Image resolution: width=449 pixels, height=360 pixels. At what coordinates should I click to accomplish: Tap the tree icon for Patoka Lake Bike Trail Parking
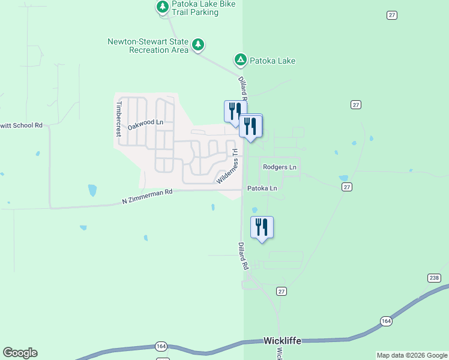(162, 7)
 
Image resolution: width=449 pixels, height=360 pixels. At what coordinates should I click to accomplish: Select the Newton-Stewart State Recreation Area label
(148, 46)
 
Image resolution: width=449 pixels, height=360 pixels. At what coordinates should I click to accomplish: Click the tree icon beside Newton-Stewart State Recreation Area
(198, 44)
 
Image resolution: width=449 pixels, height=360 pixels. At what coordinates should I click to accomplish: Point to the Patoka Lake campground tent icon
(240, 59)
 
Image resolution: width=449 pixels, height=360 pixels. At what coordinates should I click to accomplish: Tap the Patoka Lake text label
(273, 61)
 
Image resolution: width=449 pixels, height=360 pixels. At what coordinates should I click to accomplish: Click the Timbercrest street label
(119, 117)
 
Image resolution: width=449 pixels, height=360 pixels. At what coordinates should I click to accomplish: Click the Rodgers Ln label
(280, 167)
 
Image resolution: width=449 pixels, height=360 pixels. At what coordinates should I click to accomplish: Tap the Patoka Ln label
(262, 188)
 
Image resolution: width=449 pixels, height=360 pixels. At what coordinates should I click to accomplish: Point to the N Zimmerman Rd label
(147, 196)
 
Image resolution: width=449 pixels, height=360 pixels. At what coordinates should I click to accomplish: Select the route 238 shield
(435, 278)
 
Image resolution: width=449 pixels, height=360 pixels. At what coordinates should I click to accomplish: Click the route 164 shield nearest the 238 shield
(386, 322)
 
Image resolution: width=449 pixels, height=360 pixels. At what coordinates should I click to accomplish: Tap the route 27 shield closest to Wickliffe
(282, 291)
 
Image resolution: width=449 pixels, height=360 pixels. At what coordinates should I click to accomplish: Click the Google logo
(20, 353)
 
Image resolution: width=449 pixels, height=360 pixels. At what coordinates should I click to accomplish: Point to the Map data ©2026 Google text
(412, 355)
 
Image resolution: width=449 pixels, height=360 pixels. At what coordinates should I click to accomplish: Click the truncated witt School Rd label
(22, 125)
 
